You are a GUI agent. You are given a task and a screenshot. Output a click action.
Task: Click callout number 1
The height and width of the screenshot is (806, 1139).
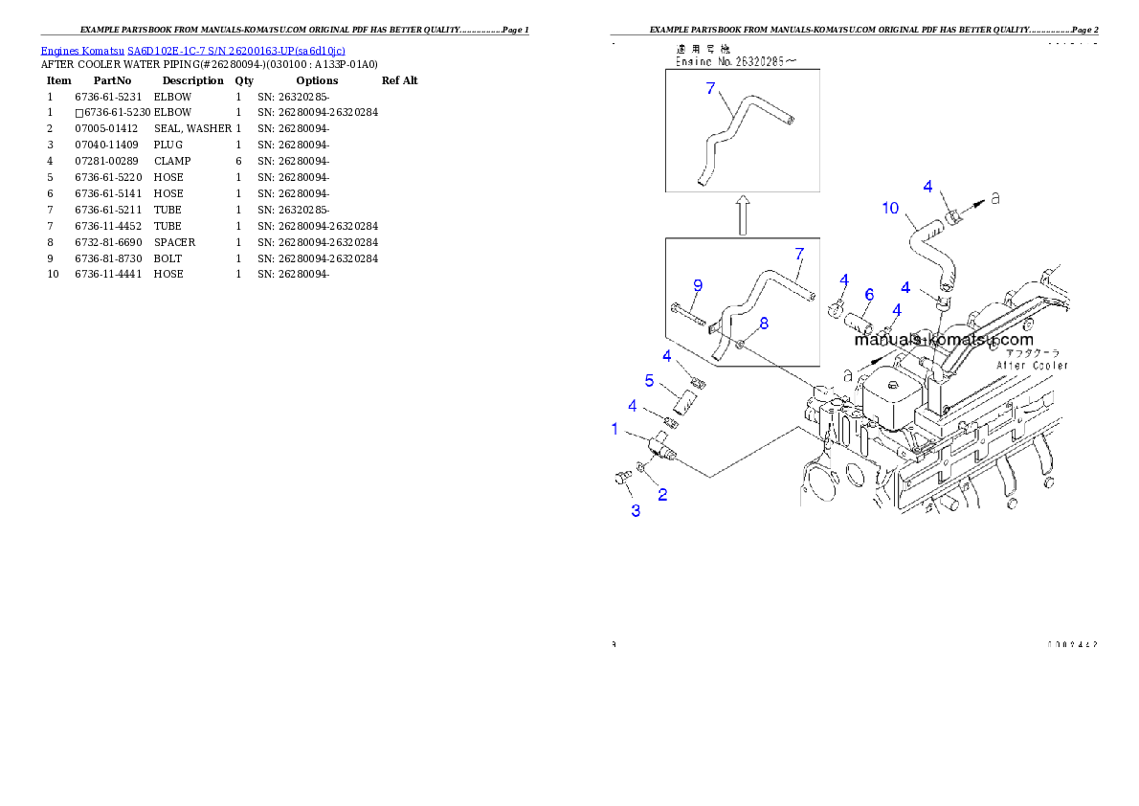(x=615, y=430)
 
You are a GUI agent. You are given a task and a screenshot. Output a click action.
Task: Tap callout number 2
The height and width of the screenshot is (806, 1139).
(x=661, y=495)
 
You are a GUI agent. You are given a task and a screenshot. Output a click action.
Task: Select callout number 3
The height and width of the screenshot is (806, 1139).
(x=635, y=510)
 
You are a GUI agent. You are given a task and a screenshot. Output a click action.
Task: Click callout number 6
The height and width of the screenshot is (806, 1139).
(x=869, y=295)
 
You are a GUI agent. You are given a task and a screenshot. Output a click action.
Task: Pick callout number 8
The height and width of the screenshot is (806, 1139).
(x=763, y=324)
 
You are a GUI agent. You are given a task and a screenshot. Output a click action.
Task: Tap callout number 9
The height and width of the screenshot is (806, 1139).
(x=698, y=284)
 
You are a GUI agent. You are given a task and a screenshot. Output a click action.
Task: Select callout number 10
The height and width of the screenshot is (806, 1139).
(x=890, y=207)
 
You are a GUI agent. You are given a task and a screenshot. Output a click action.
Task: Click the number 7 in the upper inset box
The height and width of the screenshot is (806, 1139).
(x=710, y=88)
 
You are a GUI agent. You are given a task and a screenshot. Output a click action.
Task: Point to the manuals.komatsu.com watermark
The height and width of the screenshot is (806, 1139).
(x=943, y=340)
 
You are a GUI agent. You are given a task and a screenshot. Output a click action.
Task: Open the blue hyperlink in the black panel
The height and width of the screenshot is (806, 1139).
(x=192, y=50)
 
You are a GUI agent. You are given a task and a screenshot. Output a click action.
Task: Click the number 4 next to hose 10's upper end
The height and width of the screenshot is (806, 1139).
(x=927, y=186)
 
